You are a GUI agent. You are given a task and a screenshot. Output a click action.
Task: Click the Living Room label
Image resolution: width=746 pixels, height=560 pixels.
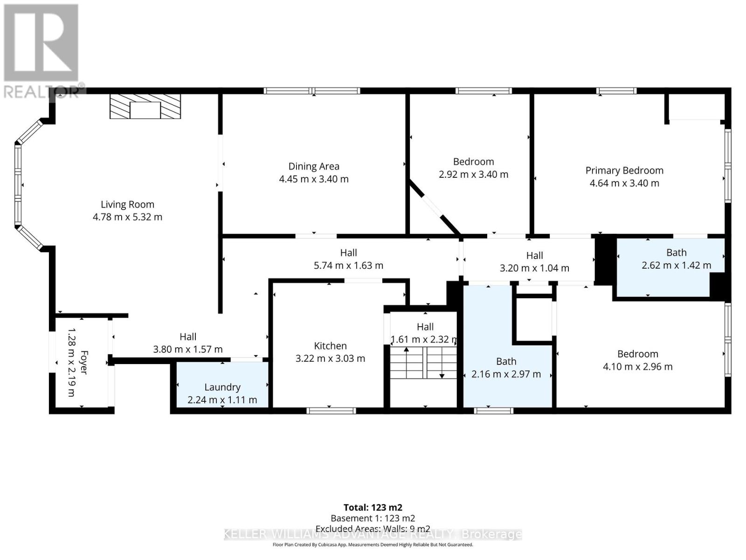(x=127, y=204)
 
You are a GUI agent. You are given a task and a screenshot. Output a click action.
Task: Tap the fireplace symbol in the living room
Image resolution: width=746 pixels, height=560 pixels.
(x=145, y=107)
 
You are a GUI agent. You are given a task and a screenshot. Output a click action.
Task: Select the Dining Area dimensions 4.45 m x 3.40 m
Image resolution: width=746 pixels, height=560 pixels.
(x=314, y=179)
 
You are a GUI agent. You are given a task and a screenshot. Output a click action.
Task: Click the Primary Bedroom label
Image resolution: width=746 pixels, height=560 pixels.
(x=624, y=170)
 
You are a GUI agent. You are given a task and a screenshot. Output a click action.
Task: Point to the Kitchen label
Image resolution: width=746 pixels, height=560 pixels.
(x=330, y=346)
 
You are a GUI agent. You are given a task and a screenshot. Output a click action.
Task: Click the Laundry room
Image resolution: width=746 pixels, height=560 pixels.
(x=222, y=387)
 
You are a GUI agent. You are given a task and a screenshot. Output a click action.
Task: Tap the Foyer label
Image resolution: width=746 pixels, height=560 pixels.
(x=84, y=362)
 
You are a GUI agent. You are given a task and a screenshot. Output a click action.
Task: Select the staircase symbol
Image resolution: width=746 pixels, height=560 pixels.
(x=423, y=363)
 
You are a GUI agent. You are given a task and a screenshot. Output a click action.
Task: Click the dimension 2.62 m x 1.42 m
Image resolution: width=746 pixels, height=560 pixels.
(x=676, y=266)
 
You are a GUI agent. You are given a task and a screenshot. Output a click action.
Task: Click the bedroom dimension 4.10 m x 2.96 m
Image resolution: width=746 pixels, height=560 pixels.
(x=637, y=367)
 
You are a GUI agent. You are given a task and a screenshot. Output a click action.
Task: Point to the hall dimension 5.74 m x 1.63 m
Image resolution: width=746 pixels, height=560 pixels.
(x=348, y=266)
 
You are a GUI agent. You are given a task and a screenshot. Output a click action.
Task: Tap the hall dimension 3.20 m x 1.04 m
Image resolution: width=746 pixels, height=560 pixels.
(x=534, y=268)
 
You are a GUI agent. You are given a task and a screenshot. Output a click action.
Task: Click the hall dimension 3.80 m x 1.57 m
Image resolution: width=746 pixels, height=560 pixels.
(x=188, y=349)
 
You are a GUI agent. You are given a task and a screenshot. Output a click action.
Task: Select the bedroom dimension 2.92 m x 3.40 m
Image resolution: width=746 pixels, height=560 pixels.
(x=473, y=175)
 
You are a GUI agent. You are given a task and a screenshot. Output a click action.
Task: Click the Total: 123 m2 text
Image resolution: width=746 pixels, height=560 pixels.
(x=373, y=507)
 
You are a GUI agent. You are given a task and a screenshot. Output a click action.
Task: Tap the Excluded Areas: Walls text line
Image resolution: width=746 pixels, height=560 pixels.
(x=373, y=529)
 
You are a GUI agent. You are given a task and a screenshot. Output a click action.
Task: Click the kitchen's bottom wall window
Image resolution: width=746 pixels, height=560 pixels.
(x=331, y=411)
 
